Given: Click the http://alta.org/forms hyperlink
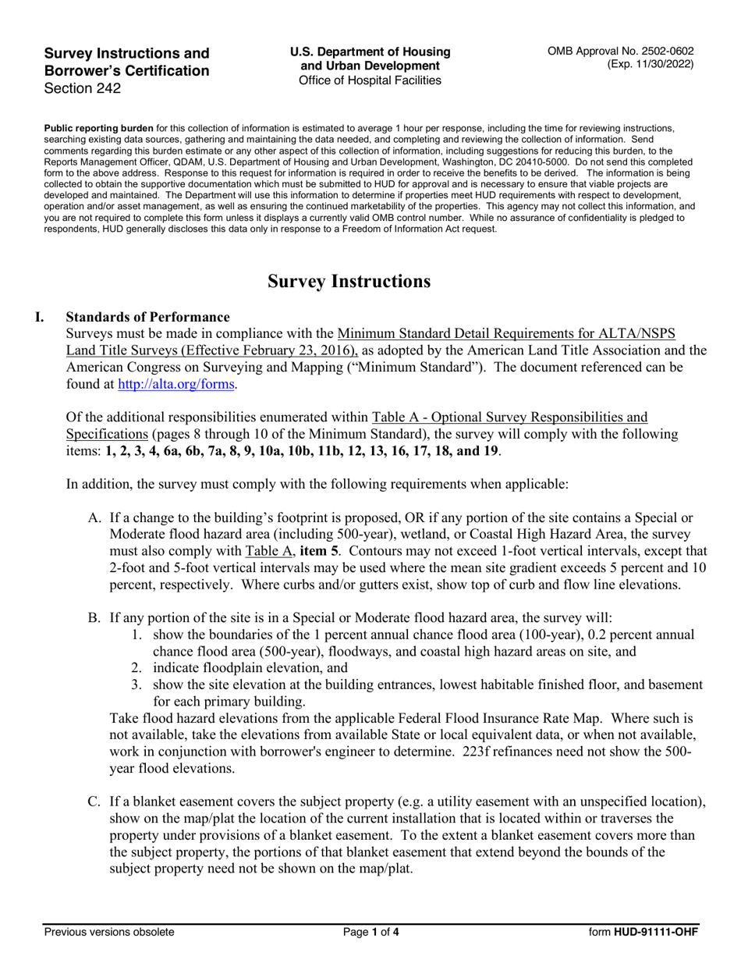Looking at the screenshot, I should (x=175, y=384).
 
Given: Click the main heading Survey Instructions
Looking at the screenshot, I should (x=349, y=281).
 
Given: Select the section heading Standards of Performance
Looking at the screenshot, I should (x=147, y=317).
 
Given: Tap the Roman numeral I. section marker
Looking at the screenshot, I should (x=41, y=317).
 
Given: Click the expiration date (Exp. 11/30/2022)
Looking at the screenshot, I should (x=650, y=65).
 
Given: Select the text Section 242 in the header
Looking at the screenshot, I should (x=83, y=88).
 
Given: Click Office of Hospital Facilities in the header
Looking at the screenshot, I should (x=370, y=80).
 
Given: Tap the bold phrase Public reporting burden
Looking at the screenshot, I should (x=98, y=128).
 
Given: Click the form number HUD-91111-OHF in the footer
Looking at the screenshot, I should (x=655, y=932).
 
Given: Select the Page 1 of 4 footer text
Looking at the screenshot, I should (x=371, y=932).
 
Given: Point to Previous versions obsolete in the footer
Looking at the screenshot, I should (x=109, y=932).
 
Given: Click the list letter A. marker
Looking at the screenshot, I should (x=94, y=517).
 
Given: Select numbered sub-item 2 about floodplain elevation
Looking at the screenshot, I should (x=242, y=668).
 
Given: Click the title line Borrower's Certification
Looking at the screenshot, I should (x=126, y=71).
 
